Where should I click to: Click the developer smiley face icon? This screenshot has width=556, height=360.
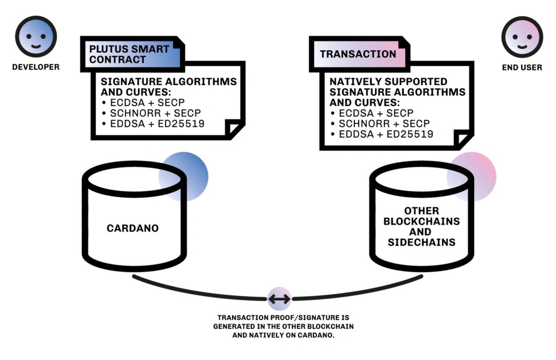(36, 37)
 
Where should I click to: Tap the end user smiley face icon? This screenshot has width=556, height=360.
(522, 37)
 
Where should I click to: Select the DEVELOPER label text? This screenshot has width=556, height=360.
(36, 67)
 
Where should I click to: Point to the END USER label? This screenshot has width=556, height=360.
(522, 68)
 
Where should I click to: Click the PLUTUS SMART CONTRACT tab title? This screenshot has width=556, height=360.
(129, 54)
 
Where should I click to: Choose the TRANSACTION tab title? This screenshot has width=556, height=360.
(358, 54)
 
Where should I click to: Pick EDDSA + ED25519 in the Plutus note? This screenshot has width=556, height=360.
(157, 124)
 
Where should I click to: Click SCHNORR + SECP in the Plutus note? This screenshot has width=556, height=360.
(155, 113)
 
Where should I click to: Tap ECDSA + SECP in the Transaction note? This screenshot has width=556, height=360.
(376, 113)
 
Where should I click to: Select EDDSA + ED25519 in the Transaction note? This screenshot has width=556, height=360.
(386, 134)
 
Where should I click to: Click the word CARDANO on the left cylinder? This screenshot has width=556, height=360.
(133, 228)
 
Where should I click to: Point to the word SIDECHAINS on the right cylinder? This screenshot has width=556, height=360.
(422, 242)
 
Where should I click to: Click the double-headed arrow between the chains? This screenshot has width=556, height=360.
(279, 299)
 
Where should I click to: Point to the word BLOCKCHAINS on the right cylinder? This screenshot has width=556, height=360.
(422, 221)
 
